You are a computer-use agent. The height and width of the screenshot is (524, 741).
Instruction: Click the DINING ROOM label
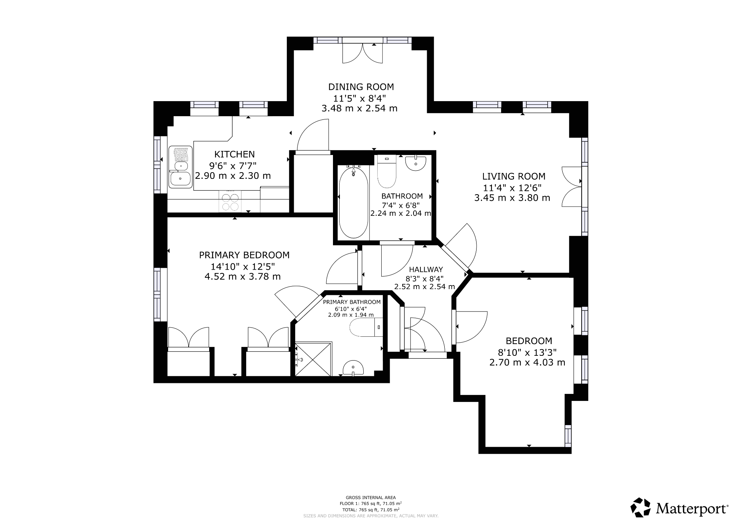point(361,87)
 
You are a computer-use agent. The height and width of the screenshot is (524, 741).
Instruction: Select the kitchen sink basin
point(180,179)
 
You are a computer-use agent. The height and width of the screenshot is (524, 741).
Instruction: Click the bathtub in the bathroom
point(353,203)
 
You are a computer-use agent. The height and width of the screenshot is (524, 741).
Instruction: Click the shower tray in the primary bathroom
point(314,359)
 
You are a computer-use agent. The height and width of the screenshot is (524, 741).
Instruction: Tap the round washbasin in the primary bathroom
point(353,368)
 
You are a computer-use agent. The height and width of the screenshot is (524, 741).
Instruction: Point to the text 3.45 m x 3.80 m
point(512,198)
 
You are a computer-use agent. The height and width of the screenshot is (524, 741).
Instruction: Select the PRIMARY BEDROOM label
point(244,255)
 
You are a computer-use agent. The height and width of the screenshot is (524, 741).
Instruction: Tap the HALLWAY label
point(426,269)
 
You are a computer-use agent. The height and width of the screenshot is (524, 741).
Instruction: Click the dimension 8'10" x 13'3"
point(527,352)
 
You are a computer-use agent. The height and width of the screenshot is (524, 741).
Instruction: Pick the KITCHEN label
point(234,154)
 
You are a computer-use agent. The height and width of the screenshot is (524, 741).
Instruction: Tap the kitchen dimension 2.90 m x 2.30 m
point(233,176)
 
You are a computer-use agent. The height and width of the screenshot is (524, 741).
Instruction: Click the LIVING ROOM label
point(514,176)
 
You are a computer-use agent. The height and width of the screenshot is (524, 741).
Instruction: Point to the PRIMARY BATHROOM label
point(352,302)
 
